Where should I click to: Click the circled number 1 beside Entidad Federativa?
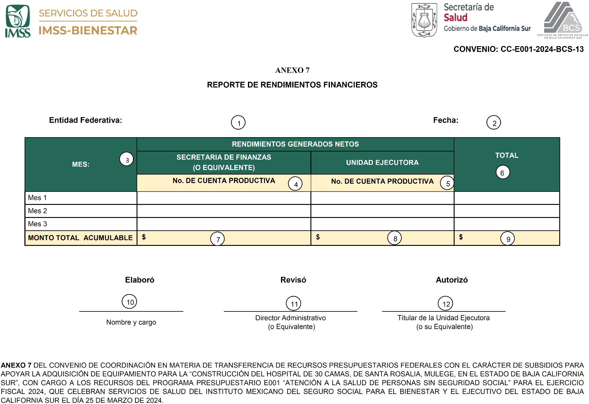pos(238,123)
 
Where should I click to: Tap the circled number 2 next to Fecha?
pos(494,123)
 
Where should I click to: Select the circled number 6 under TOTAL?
pos(503,172)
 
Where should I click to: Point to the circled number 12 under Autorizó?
pos(445,304)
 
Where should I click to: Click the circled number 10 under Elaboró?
pos(130,302)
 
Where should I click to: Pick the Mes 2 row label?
pos(37,211)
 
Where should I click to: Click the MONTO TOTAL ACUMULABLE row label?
pos(80,238)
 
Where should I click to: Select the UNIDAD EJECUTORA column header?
pos(382,163)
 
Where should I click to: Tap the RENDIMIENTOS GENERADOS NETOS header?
pos(295,144)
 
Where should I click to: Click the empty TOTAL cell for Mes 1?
pos(507,198)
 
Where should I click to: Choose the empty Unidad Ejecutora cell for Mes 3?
pos(382,224)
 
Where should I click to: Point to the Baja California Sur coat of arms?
pos(424,20)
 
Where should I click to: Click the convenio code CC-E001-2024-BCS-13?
pos(542,49)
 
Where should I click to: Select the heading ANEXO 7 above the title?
pos(292,70)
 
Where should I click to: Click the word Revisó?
pos(293,280)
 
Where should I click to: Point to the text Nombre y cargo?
pos(131,322)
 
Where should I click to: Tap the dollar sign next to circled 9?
pos(461,237)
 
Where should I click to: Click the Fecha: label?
pos(445,120)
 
